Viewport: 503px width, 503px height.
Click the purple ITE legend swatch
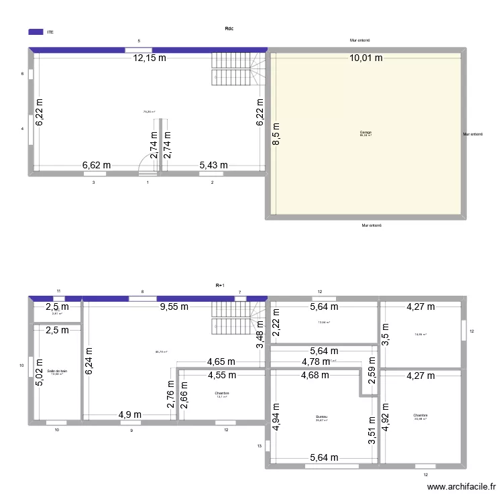[36, 31]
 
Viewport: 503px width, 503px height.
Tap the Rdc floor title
[229, 28]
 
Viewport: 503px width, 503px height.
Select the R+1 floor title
[220, 286]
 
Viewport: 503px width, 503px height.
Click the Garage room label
[366, 133]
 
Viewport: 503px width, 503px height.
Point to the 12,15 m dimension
[154, 58]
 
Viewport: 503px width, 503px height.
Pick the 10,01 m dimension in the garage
[366, 58]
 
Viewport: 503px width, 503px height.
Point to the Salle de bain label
[57, 370]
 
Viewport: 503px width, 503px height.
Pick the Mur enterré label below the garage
[371, 226]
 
